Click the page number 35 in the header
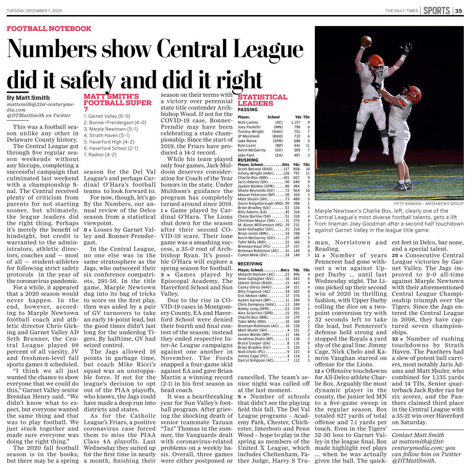459,11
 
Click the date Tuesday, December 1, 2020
35,11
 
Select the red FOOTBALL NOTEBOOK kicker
49,29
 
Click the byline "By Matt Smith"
29,98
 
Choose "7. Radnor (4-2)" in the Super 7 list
101,154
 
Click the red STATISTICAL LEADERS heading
262,100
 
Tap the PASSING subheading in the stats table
248,110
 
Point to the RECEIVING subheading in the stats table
250,264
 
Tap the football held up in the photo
367,40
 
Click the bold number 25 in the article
395,255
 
